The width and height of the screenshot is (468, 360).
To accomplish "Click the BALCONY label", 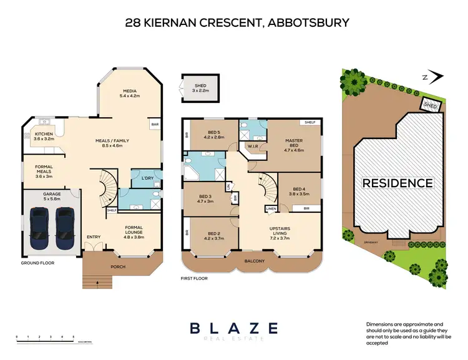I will pos(255,261).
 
